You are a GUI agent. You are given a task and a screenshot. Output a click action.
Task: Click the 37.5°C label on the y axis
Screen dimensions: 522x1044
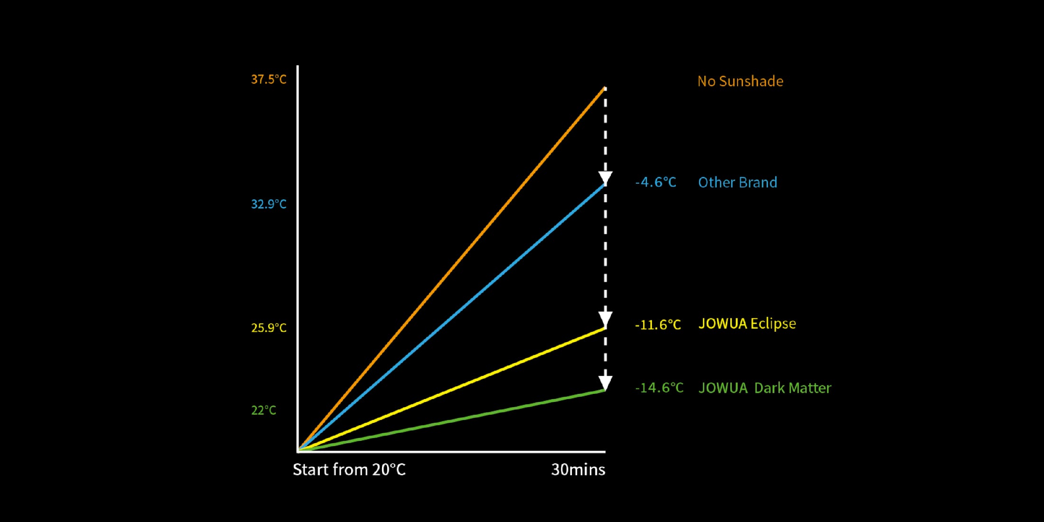(x=269, y=79)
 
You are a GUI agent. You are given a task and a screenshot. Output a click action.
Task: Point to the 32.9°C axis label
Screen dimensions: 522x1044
(x=269, y=204)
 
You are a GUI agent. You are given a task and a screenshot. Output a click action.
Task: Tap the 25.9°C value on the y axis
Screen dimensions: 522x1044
(x=269, y=328)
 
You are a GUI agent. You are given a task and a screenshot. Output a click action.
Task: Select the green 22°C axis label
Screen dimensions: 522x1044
(x=263, y=410)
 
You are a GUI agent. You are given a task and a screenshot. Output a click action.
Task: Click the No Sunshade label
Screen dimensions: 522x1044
(x=740, y=81)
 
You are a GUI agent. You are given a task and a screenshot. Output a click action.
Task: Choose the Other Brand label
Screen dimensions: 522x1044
(x=737, y=182)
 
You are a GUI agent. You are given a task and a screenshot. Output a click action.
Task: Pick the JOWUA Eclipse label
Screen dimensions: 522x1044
(x=747, y=324)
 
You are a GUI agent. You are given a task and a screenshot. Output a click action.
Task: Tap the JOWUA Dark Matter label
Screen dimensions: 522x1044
(x=764, y=388)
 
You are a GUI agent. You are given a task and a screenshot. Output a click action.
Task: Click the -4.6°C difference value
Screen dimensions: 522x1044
(x=655, y=182)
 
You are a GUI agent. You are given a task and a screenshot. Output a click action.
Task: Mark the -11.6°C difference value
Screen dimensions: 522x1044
(x=658, y=325)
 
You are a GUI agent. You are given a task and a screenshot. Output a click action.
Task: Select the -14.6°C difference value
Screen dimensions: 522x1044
(x=659, y=388)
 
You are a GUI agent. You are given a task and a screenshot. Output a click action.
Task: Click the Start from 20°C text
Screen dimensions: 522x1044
(x=349, y=470)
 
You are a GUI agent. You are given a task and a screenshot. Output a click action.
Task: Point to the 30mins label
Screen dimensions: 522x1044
(x=578, y=470)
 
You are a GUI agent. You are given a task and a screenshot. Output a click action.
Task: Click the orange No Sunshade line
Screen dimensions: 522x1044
(x=451, y=269)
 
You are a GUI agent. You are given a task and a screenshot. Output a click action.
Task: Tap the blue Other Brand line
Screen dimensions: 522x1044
(x=451, y=317)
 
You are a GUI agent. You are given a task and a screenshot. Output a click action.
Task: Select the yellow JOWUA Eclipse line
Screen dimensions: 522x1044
(x=451, y=389)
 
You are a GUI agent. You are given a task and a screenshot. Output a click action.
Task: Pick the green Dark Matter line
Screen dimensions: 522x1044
(x=451, y=420)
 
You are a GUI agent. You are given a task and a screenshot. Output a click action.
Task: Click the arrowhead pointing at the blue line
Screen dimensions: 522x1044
(x=605, y=178)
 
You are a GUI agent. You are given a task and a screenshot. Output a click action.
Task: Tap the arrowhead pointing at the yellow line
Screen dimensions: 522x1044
(x=605, y=319)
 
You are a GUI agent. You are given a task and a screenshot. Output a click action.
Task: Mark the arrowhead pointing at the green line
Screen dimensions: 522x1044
(x=605, y=382)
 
